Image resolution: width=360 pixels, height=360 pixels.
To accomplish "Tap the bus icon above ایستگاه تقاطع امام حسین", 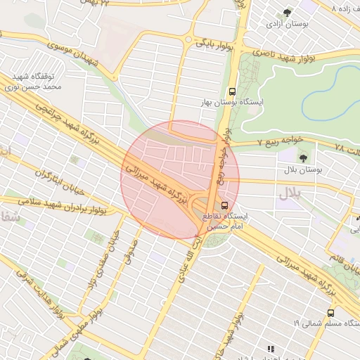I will pos(224,205).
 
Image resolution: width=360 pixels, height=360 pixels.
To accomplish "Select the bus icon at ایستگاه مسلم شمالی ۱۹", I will pos(330,312).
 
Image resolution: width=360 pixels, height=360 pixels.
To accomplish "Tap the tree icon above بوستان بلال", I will pos(303,157).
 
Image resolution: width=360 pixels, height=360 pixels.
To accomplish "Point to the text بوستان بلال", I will pos(303,170).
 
